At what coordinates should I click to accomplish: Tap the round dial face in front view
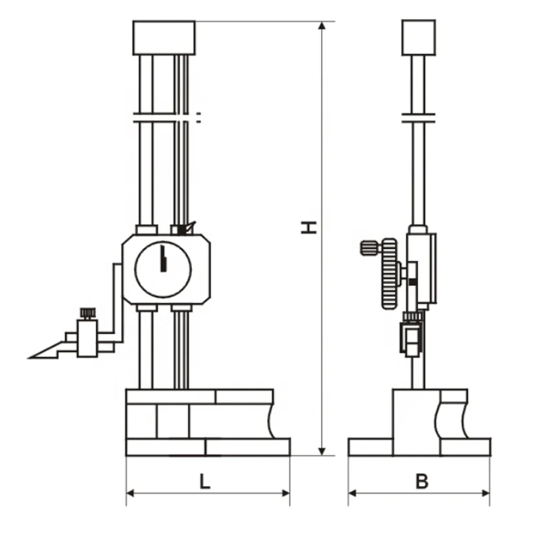[163, 268]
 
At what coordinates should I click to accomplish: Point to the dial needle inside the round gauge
[162, 260]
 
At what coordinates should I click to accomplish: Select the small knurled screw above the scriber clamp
[87, 313]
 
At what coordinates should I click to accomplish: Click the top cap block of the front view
[164, 38]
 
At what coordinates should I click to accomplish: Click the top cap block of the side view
[419, 38]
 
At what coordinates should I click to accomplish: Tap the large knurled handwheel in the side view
[390, 273]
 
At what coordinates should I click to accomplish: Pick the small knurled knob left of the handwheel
[369, 248]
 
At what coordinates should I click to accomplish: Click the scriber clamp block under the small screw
[87, 338]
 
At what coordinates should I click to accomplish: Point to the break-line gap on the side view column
[419, 118]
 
